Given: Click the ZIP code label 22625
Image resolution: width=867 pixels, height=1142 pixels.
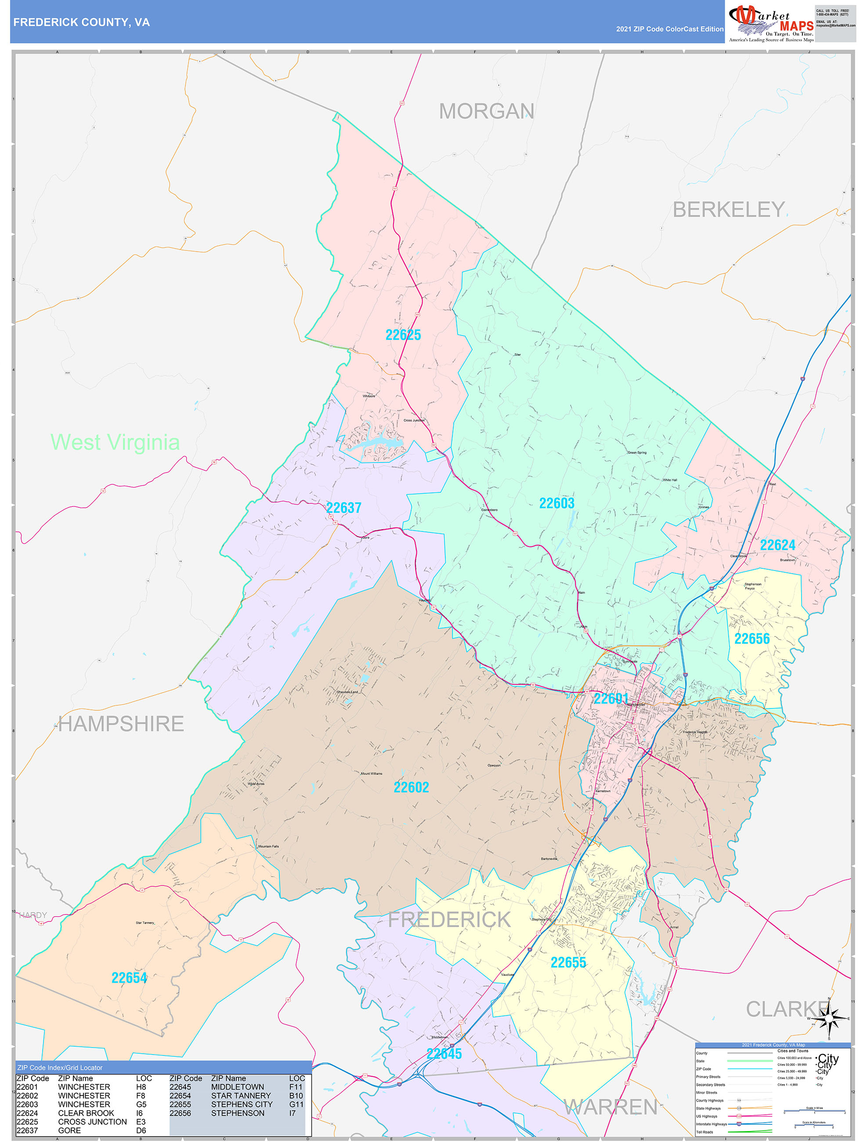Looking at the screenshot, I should click(x=403, y=335).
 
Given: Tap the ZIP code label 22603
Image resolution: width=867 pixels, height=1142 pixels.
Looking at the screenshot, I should click(x=556, y=503).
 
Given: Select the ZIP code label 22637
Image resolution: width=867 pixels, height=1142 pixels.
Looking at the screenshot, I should click(x=343, y=508).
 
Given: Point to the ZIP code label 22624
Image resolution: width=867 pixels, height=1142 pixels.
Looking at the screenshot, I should click(x=777, y=545).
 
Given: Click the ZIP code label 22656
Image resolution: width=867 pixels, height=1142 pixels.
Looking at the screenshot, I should click(x=752, y=639).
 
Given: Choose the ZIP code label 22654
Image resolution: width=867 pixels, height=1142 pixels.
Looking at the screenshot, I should click(x=129, y=978).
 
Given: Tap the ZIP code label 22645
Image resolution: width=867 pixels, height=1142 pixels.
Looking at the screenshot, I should click(x=444, y=1054).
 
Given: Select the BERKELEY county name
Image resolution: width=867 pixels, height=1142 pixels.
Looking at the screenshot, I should click(x=728, y=210).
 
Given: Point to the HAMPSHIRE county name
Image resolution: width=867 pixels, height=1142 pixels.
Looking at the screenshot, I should click(x=121, y=724).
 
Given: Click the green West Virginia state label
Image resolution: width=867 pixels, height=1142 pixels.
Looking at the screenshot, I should click(x=115, y=442).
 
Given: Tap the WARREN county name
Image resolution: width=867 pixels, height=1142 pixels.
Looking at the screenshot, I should click(x=611, y=1107).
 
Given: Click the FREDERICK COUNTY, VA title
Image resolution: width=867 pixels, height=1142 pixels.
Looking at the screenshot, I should click(x=82, y=22).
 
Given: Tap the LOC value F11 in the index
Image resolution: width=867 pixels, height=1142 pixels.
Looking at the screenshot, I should click(x=296, y=1087).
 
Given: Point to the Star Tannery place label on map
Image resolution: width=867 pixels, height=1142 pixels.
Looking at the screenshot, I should click(x=145, y=922).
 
